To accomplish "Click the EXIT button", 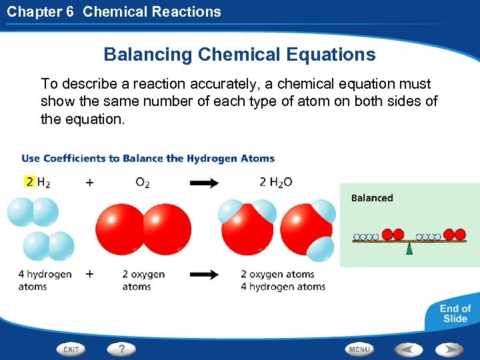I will [x=71, y=349].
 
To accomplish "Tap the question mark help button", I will [x=121, y=349].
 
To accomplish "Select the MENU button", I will [x=359, y=349].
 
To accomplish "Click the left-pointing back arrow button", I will [x=408, y=349].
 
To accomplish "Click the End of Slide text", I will [x=455, y=313].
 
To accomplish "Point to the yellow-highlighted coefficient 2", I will [x=29, y=181].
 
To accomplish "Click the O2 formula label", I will [x=143, y=182].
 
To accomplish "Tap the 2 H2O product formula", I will [x=275, y=182].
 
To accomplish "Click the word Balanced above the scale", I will [x=372, y=198].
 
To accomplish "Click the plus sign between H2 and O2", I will [x=89, y=182].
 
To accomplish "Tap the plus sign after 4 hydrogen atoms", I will [x=89, y=274].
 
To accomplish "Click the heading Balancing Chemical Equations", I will [x=239, y=55].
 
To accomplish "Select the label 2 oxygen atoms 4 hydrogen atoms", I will [x=283, y=280].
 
